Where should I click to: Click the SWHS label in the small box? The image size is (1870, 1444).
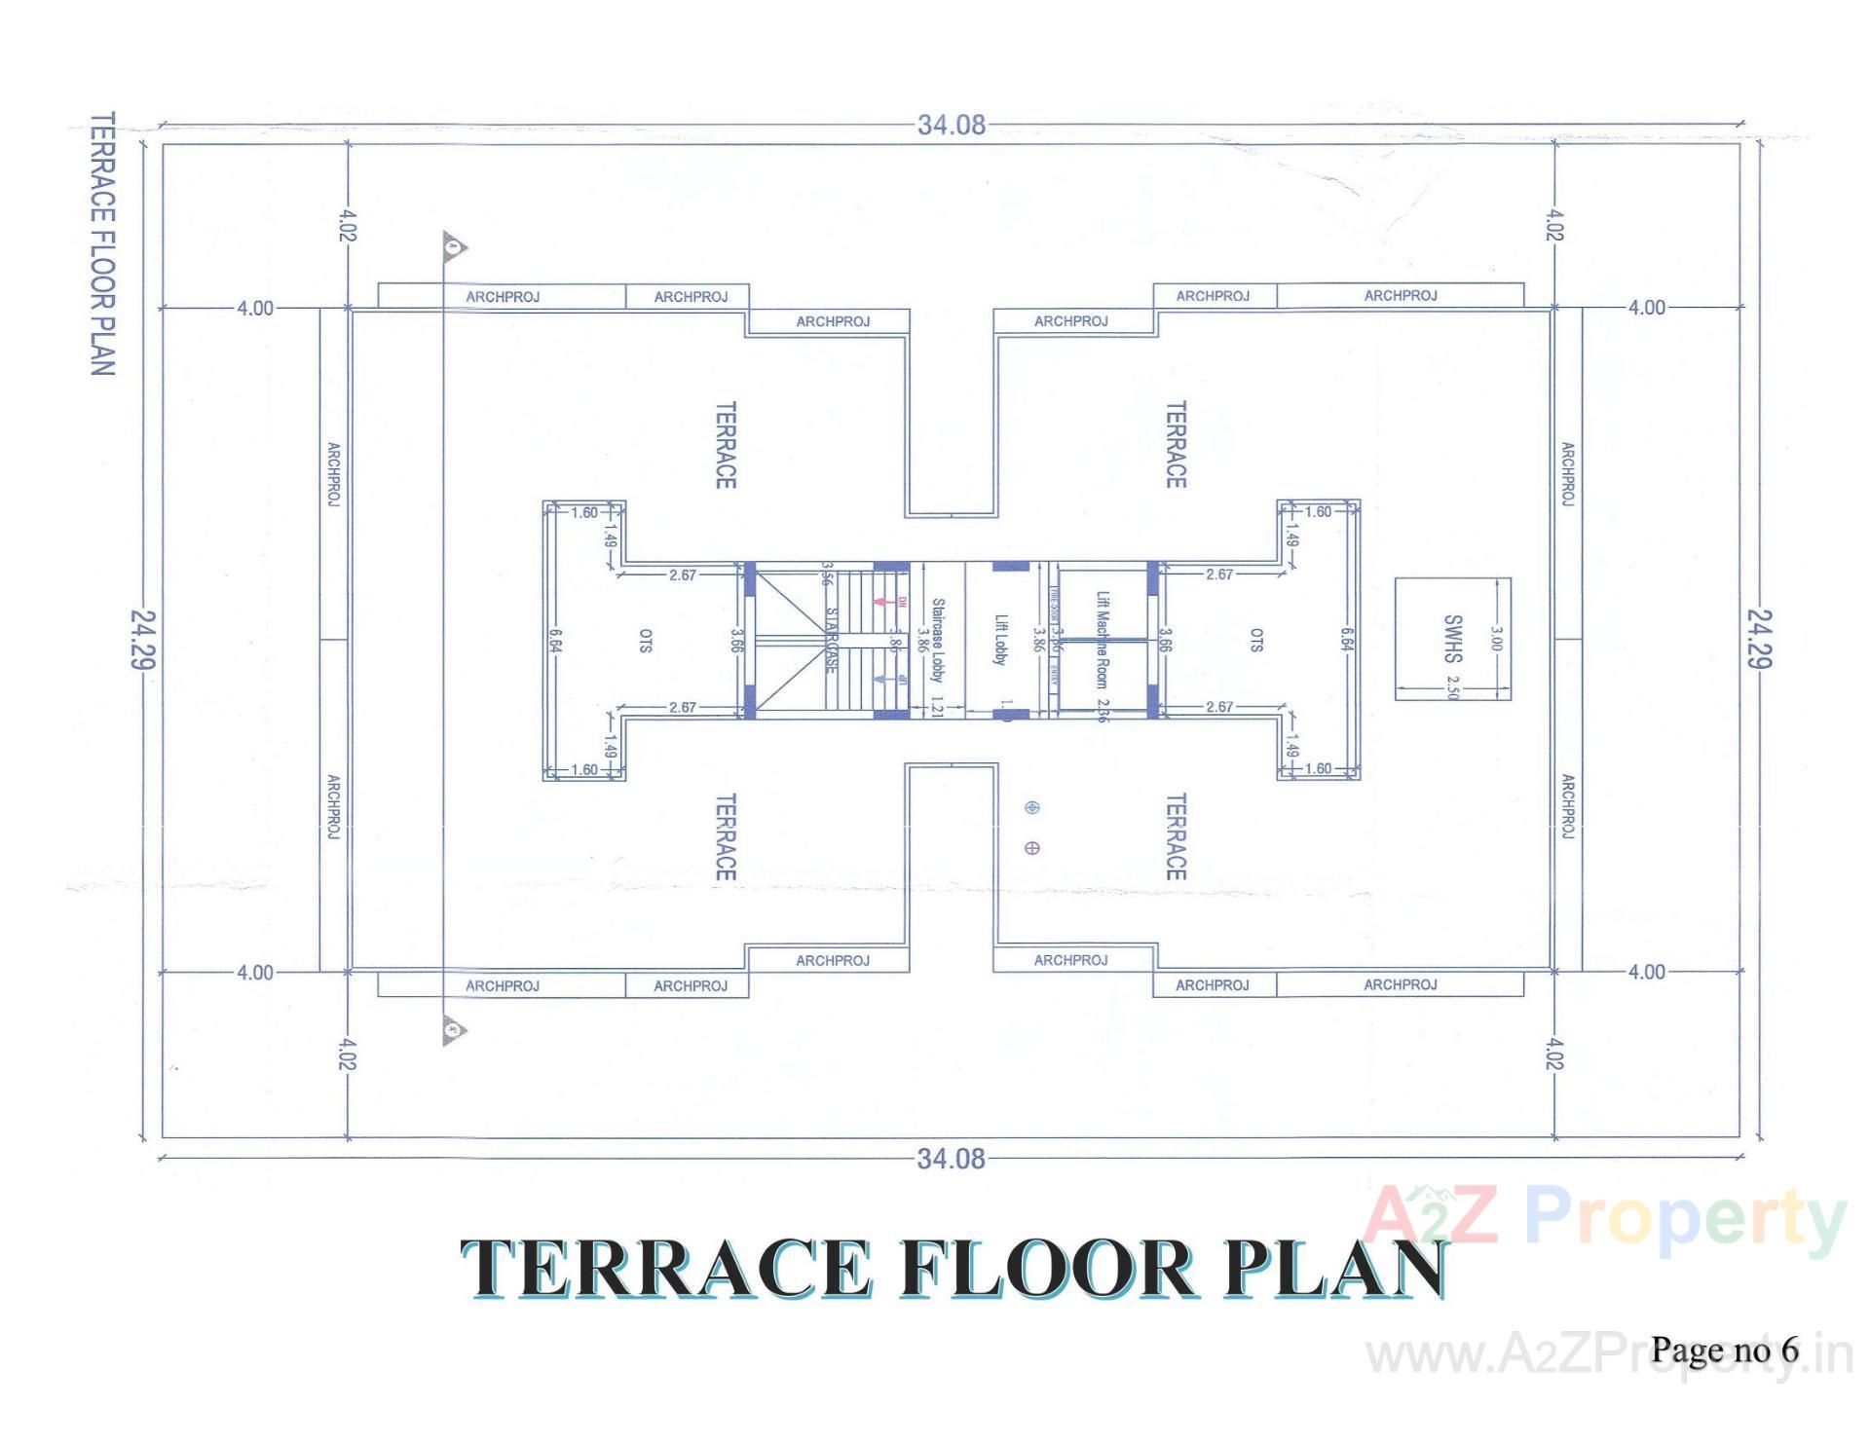1452,638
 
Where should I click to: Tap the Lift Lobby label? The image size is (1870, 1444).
1000,640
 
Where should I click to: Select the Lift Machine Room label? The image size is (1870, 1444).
1102,640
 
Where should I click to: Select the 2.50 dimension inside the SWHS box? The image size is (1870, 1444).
1453,686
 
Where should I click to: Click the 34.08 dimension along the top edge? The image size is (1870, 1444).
951,125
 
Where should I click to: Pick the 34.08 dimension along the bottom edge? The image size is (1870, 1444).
951,1159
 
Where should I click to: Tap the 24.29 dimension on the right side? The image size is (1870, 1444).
1759,639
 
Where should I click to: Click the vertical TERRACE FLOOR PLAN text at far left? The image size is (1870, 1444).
102,243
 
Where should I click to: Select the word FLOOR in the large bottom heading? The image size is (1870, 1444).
1047,1269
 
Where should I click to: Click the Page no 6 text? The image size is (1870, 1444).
1724,1350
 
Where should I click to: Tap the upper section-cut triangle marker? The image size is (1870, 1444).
453,247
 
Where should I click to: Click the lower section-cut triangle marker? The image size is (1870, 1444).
453,1029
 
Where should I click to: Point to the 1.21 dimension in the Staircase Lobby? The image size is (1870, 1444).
937,707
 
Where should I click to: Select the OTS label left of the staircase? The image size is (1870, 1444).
646,640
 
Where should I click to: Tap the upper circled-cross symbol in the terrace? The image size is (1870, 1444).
1032,807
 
